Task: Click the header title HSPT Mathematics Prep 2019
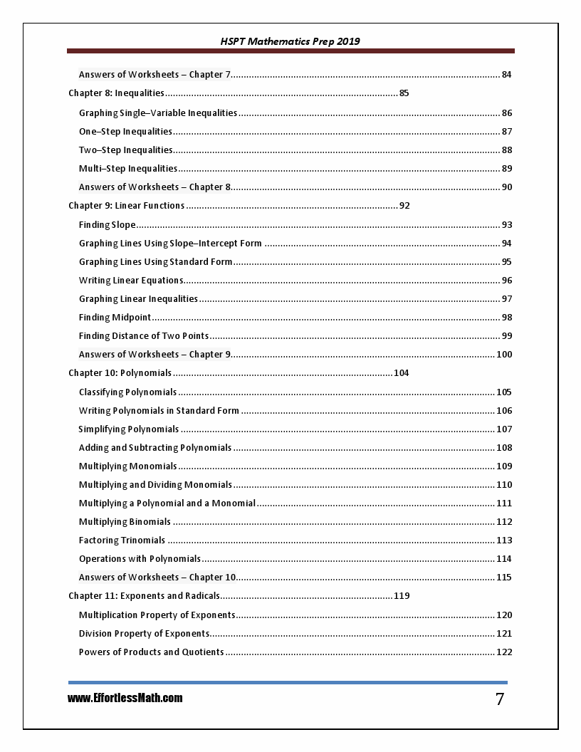point(290,41)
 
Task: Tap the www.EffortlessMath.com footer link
point(125,698)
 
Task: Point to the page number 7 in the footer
point(500,699)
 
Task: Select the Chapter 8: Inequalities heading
point(116,93)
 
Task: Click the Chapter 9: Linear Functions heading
point(126,206)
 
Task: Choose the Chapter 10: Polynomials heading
point(120,373)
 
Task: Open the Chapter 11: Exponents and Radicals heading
point(144,596)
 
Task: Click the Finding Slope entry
point(107,225)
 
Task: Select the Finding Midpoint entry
point(115,318)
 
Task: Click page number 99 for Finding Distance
point(506,336)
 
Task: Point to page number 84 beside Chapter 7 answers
point(506,75)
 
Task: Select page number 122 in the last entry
point(504,652)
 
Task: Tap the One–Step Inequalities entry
point(125,132)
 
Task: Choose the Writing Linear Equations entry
point(131,281)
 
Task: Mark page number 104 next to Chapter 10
point(402,373)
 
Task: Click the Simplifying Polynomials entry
point(129,429)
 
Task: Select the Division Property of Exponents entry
point(144,634)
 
